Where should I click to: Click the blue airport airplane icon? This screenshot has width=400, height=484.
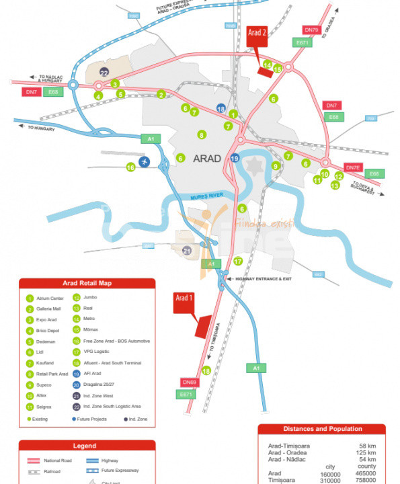coord(145,163)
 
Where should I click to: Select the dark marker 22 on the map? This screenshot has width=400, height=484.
coord(104,73)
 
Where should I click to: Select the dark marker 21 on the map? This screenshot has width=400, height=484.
coord(187,251)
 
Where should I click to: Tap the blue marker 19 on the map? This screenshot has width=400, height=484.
coord(235,158)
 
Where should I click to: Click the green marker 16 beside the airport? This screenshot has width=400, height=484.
coord(130,167)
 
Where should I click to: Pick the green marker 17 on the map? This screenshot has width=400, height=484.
coord(237,261)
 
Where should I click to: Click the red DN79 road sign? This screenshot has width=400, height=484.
coord(311,30)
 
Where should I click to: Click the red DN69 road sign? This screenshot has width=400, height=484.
coord(188,382)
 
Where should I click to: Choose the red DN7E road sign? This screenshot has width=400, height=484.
coord(354,167)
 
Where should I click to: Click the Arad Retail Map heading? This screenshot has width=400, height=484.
coord(87,283)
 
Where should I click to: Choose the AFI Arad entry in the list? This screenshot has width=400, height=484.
coord(89,374)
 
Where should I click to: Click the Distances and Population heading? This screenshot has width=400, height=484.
coord(322,429)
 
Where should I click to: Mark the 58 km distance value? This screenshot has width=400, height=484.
coord(367,446)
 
